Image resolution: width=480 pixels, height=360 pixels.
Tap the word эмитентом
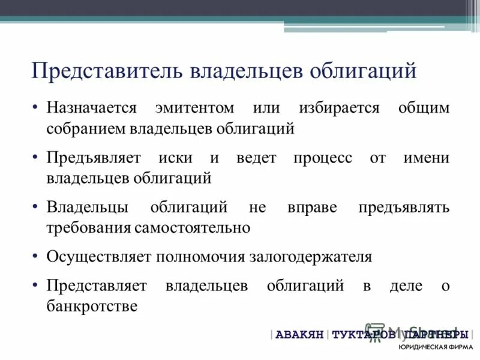(194, 109)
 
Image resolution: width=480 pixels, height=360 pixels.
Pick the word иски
(176, 158)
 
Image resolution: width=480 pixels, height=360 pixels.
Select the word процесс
(323, 158)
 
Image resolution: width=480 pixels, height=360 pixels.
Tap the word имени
(427, 158)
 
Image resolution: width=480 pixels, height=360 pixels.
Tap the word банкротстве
(92, 306)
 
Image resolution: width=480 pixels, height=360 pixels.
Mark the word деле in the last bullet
(406, 286)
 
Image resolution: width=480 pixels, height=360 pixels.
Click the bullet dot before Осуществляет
(37, 257)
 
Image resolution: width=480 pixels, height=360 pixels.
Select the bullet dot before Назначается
(37, 109)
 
